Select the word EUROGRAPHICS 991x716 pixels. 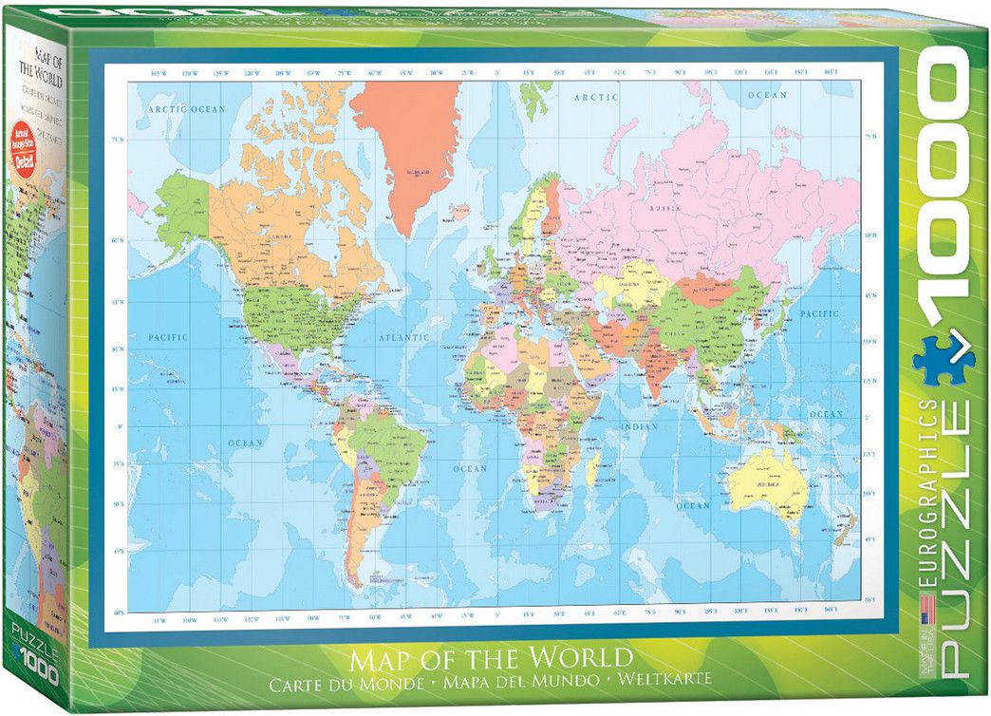click(934, 494)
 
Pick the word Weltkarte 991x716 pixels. click(664, 681)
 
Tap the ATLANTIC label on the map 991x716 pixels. click(403, 338)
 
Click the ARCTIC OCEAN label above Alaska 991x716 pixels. click(187, 109)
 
